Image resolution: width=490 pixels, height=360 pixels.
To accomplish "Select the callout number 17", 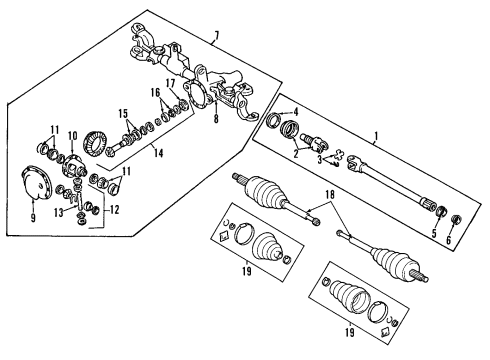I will point(170,83).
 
